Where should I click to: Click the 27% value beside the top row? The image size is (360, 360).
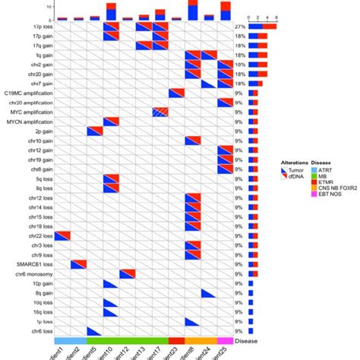[x=241, y=27]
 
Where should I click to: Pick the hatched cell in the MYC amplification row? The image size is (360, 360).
[x=160, y=112]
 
